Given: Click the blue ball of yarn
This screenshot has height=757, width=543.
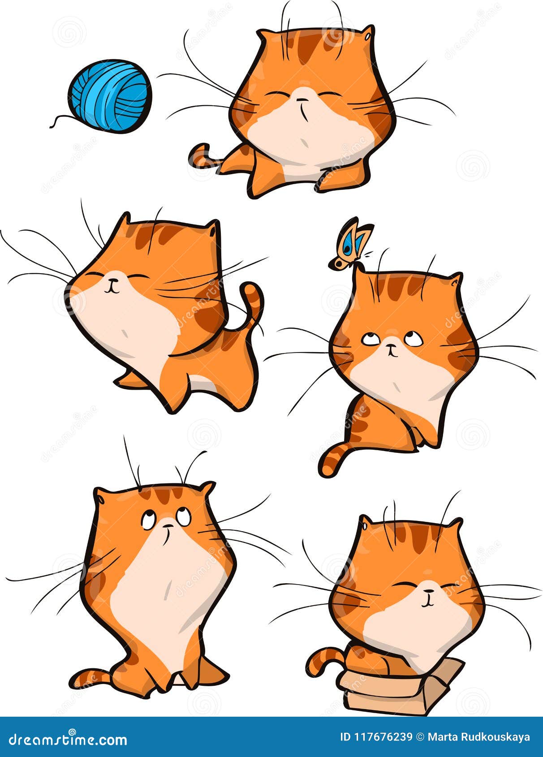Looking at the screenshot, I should point(110,96).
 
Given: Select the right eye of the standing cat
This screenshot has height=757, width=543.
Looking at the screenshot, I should point(183,517).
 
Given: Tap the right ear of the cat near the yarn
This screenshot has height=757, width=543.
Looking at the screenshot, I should point(367,34).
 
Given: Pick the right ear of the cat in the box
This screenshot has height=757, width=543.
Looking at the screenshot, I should point(455,524).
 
